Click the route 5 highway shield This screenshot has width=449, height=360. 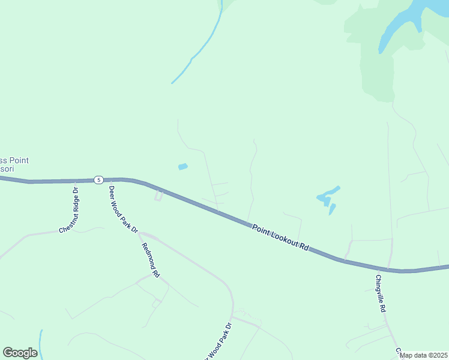click(x=98, y=179)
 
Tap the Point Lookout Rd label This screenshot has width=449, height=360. click(x=280, y=238)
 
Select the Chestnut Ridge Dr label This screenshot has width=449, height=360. click(x=70, y=211)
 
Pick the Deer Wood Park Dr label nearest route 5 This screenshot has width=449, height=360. click(x=123, y=209)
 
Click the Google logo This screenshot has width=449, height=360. click(x=20, y=353)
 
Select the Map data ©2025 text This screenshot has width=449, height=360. click(x=424, y=355)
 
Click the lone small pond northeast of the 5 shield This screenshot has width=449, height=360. click(x=183, y=166)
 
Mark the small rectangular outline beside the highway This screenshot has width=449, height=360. click(x=158, y=196)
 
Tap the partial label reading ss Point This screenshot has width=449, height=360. click(x=14, y=161)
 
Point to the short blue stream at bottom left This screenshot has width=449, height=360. click(x=41, y=343)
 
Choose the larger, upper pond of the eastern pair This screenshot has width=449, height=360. click(x=327, y=196)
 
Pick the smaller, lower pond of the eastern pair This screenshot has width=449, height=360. click(x=331, y=209)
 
